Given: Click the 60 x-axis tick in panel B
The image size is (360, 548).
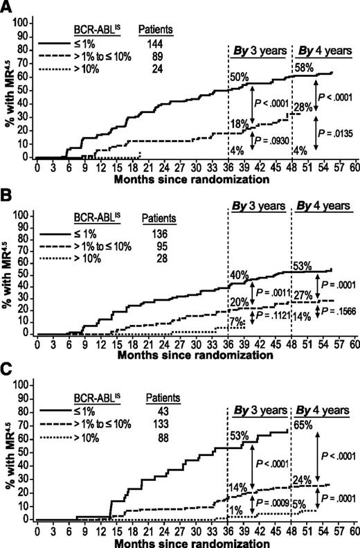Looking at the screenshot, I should [x=353, y=342].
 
